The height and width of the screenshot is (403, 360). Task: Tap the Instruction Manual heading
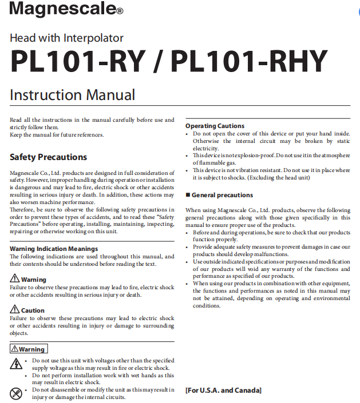click(x=72, y=95)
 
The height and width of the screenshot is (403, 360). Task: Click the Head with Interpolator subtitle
click(x=66, y=38)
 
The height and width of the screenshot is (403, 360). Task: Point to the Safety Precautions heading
click(x=48, y=157)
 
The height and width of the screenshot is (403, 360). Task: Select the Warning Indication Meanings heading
click(x=54, y=249)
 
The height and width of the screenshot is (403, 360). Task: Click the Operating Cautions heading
click(x=215, y=126)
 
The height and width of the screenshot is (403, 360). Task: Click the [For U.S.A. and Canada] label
click(x=223, y=390)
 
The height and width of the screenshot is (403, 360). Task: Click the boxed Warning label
click(x=29, y=349)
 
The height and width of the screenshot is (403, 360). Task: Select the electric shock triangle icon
click(x=16, y=364)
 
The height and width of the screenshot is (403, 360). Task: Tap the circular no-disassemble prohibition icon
click(x=16, y=393)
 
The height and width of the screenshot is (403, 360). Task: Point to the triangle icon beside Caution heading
click(x=15, y=310)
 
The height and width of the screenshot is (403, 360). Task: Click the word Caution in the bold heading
click(x=33, y=310)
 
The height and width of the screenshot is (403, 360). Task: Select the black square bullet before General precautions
click(x=187, y=195)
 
